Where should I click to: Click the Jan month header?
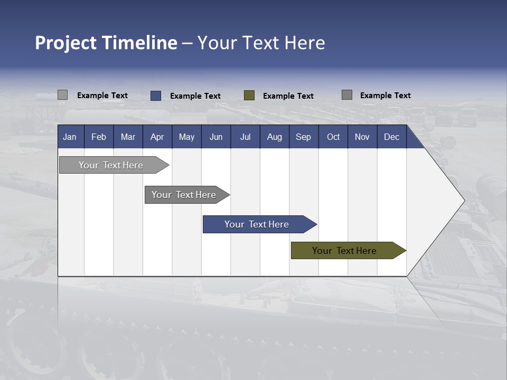[x=70, y=137]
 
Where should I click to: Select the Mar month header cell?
[x=128, y=137]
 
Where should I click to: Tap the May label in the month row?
[x=186, y=137]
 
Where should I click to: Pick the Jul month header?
[x=245, y=137]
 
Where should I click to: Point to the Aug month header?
[x=275, y=137]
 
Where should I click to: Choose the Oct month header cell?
[x=333, y=137]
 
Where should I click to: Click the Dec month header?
[x=391, y=137]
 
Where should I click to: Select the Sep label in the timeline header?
[x=303, y=137]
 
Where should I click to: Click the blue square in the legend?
[x=156, y=96]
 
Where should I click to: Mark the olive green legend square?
[x=249, y=96]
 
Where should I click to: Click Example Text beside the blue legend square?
[x=195, y=96]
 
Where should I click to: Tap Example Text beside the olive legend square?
[x=288, y=96]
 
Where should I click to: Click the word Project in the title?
[x=66, y=43]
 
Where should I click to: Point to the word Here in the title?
[x=305, y=43]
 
